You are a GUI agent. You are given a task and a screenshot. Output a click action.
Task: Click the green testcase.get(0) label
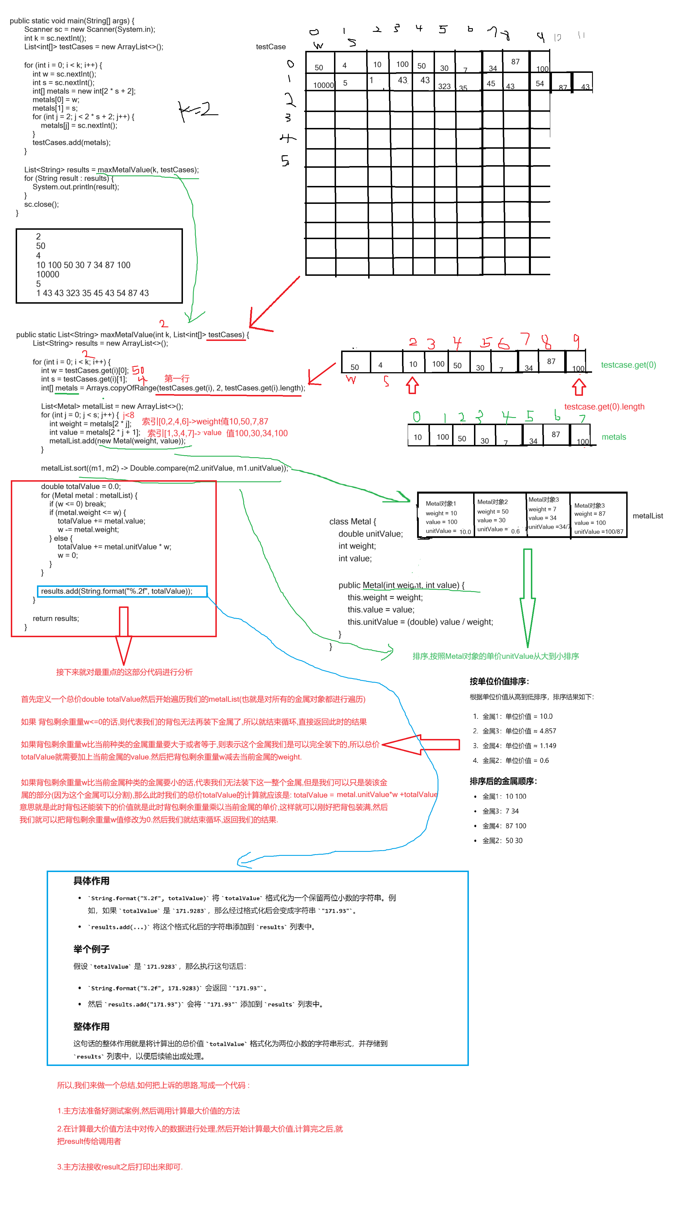click(628, 365)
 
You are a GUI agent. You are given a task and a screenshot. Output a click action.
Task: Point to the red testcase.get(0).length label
click(604, 407)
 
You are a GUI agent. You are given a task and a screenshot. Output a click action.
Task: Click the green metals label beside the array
click(614, 437)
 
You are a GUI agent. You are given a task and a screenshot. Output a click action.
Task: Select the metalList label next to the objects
click(648, 516)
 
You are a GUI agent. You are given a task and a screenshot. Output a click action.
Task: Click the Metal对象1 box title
click(441, 503)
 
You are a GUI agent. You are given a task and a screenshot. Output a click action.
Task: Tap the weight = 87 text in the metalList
click(590, 514)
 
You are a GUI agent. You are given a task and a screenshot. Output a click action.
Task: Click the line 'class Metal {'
click(353, 521)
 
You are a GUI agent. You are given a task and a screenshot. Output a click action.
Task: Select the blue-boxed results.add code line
click(117, 591)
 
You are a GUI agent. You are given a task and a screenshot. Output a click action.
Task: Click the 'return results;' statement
click(56, 618)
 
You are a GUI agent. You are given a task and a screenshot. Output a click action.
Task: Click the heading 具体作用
click(91, 881)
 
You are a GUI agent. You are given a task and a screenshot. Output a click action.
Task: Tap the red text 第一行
click(177, 378)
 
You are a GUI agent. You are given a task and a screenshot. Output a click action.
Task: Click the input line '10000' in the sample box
click(48, 275)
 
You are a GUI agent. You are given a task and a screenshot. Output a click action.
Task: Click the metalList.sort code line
click(164, 468)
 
